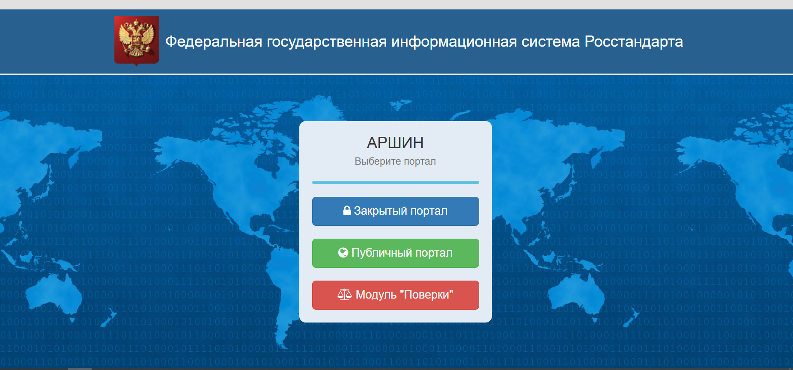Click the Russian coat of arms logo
point(136,41)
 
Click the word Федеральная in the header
point(214,42)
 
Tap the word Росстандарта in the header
point(634,41)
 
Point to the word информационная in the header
point(454,42)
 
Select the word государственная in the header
point(327,42)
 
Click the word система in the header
point(551,42)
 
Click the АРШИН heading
point(395,142)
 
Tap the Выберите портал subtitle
point(395,161)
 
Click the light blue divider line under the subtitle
point(396,182)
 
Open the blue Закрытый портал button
point(396,211)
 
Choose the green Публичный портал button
point(396,253)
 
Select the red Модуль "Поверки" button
point(396,295)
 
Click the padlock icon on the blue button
point(347,210)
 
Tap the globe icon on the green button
point(343,252)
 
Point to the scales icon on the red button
point(345,294)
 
